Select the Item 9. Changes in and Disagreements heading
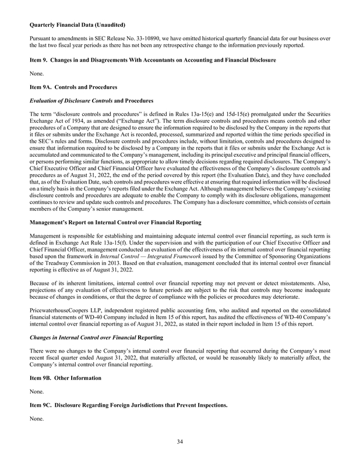click(152, 61)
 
